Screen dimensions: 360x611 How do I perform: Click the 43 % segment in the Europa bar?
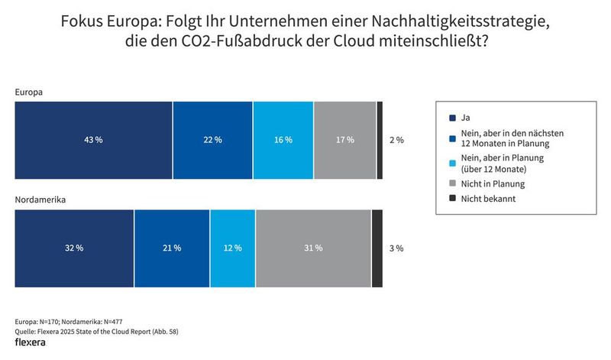click(94, 140)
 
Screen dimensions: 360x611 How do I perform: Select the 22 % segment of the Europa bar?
click(212, 140)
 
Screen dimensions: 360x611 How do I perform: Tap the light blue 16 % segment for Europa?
click(283, 140)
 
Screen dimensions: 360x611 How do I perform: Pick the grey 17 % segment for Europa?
click(344, 140)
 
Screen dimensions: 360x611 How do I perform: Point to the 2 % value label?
click(396, 140)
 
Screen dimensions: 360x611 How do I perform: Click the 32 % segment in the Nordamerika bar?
click(75, 248)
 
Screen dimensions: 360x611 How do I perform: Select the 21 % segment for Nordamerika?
click(172, 248)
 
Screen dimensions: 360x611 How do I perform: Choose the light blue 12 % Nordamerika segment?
click(232, 248)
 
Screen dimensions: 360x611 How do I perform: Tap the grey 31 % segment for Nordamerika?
click(313, 248)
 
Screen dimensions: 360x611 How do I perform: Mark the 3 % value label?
click(396, 248)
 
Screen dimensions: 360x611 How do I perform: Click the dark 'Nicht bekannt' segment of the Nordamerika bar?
click(377, 248)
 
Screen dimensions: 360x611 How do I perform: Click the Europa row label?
click(28, 92)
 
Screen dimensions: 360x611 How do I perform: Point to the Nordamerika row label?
click(40, 201)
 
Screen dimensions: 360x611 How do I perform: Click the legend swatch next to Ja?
click(453, 118)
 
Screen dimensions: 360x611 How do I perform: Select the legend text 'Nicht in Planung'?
click(494, 183)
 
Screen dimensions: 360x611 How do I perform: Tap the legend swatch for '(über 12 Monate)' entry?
click(453, 162)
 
